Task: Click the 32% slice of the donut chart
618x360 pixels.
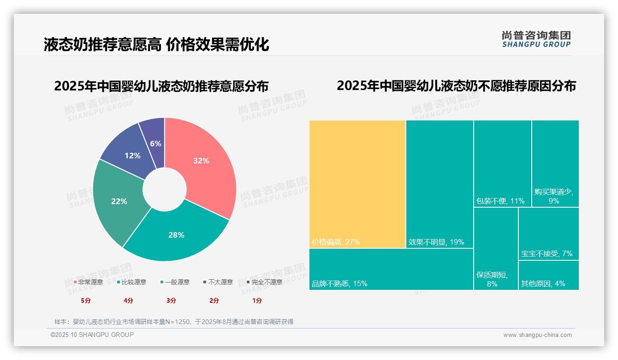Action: [x=203, y=162]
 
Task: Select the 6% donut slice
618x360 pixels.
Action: [x=154, y=138]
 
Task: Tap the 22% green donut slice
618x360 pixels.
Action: [x=119, y=201]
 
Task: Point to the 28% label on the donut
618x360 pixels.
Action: [x=176, y=235]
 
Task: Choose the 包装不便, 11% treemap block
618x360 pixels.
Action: [x=502, y=163]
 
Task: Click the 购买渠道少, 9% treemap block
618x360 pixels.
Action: [x=555, y=163]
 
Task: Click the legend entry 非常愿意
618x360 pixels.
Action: [x=88, y=282]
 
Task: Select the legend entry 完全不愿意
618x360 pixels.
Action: [x=264, y=282]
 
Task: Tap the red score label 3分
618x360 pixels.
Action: [x=172, y=300]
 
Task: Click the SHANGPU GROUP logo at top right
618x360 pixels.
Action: [x=536, y=39]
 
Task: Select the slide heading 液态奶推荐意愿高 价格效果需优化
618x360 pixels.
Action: [x=156, y=44]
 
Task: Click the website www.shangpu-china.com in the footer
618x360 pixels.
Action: [x=537, y=335]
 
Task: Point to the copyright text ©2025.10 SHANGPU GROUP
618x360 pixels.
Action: [x=92, y=335]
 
